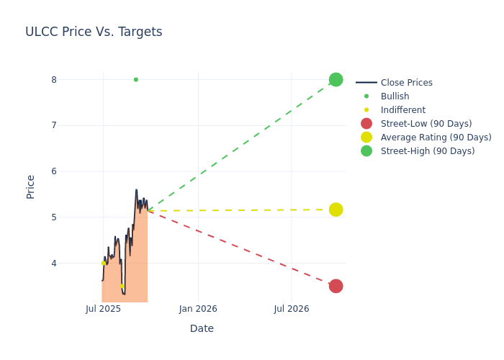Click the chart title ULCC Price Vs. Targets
94,32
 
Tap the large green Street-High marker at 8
336,79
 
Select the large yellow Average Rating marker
336,210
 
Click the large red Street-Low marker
336,286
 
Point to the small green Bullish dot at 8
135,79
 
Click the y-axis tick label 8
53,79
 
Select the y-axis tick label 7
53,125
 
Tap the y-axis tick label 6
53,171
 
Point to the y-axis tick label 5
53,217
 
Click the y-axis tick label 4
53,263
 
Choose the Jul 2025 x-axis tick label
103,309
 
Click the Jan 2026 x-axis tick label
198,309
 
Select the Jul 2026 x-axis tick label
292,309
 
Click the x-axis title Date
202,328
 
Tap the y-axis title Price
30,186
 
